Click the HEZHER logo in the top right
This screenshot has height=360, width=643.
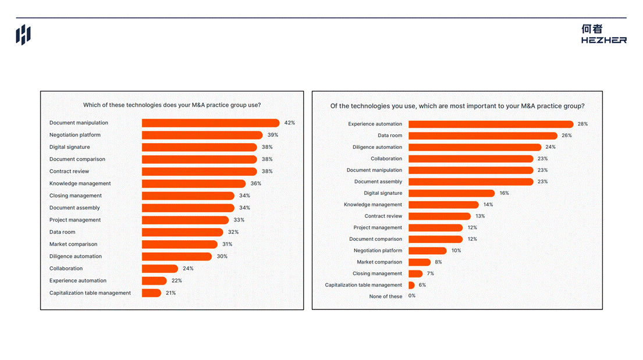point(603,34)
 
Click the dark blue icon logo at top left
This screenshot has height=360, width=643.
point(23,34)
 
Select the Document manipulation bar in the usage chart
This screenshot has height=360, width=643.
point(211,123)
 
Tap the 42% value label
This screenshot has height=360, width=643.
point(290,123)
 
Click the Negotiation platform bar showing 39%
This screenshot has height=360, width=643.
point(202,135)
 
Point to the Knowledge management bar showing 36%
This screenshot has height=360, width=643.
point(194,184)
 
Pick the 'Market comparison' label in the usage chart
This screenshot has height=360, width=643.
point(73,244)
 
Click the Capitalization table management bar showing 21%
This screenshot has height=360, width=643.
point(151,293)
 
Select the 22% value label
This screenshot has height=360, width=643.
point(177,280)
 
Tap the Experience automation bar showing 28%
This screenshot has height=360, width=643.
point(491,124)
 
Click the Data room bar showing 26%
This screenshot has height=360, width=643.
point(483,136)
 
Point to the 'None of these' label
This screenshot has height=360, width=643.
point(385,297)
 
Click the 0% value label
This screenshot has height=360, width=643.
point(412,295)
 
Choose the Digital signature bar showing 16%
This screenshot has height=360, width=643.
point(452,193)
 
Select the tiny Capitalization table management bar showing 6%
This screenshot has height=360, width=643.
point(411,285)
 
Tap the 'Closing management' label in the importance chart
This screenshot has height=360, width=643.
point(377,273)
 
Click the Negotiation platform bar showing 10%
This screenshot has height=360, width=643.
point(427,251)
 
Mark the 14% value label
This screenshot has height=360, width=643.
point(488,205)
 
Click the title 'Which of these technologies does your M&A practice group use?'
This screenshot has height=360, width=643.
point(172,105)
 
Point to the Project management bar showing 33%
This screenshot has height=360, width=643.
point(186,220)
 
